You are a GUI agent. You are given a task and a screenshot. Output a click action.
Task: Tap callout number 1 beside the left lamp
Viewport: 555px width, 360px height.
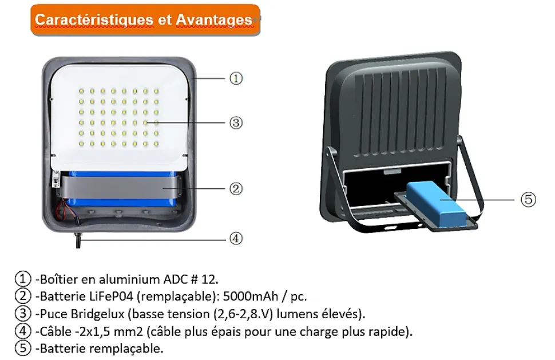click(x=236, y=78)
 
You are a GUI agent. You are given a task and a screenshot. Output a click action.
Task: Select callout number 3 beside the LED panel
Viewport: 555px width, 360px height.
click(x=236, y=123)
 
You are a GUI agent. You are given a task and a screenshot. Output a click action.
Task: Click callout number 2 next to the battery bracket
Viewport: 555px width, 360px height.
click(x=236, y=189)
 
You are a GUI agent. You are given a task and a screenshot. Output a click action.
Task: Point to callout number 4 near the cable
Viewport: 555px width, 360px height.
click(x=236, y=239)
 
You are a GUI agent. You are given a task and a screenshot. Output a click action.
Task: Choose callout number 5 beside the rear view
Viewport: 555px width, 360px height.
click(x=529, y=200)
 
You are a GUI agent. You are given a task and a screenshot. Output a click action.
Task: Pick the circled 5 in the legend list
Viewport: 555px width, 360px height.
click(x=23, y=349)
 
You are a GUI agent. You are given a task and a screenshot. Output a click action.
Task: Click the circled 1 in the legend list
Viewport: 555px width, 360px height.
click(x=23, y=279)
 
